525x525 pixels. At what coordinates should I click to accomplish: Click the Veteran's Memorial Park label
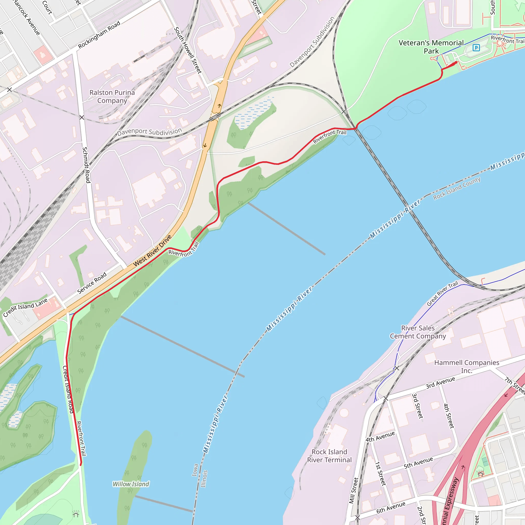click(x=431, y=47)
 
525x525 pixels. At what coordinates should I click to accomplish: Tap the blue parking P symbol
click(x=476, y=48)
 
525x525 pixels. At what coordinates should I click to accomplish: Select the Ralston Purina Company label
click(x=112, y=96)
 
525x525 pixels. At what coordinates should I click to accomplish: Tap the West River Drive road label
click(x=152, y=250)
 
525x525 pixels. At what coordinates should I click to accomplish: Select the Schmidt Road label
click(x=86, y=165)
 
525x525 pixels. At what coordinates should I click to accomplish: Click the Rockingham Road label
click(x=99, y=35)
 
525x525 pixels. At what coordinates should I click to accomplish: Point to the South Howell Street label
click(x=188, y=50)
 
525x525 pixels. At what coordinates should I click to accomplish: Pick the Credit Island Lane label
click(x=25, y=307)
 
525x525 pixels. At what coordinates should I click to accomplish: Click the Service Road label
click(x=92, y=283)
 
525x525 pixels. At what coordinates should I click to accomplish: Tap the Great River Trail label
click(x=442, y=294)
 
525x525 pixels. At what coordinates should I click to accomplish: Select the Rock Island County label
click(x=457, y=188)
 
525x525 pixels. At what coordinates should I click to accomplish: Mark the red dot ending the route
click(x=456, y=62)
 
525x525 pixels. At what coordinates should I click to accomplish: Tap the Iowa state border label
click(x=195, y=477)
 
